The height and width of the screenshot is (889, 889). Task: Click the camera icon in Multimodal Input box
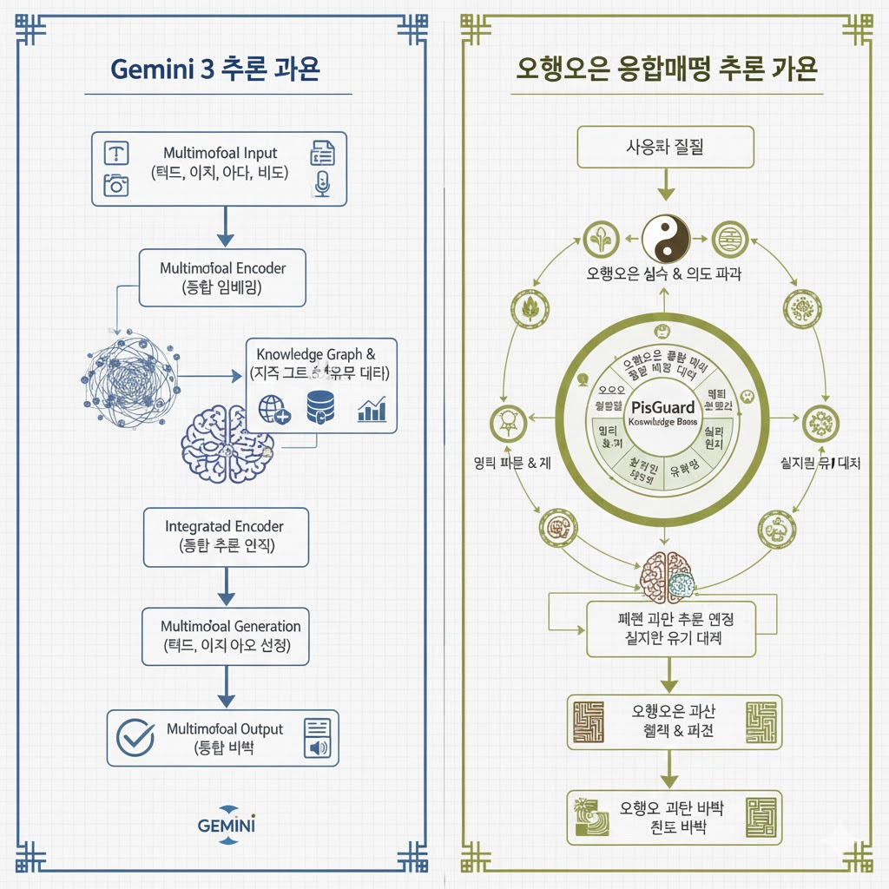coord(115,184)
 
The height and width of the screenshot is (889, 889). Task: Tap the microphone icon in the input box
coord(322,183)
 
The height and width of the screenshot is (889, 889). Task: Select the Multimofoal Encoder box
coord(222,278)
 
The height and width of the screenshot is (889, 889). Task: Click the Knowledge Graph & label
coord(316,355)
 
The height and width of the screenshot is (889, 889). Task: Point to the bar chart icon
coord(372,409)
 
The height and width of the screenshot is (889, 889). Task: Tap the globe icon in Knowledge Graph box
coord(274,408)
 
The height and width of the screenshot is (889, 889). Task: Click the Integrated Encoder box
coord(224,537)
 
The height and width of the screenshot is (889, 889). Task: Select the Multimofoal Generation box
coord(226,636)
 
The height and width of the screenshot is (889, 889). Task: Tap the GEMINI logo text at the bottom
coord(227,824)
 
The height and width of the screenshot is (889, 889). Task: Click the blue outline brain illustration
coord(227,438)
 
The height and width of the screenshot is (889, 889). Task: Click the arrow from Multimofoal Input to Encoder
coord(226,227)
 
